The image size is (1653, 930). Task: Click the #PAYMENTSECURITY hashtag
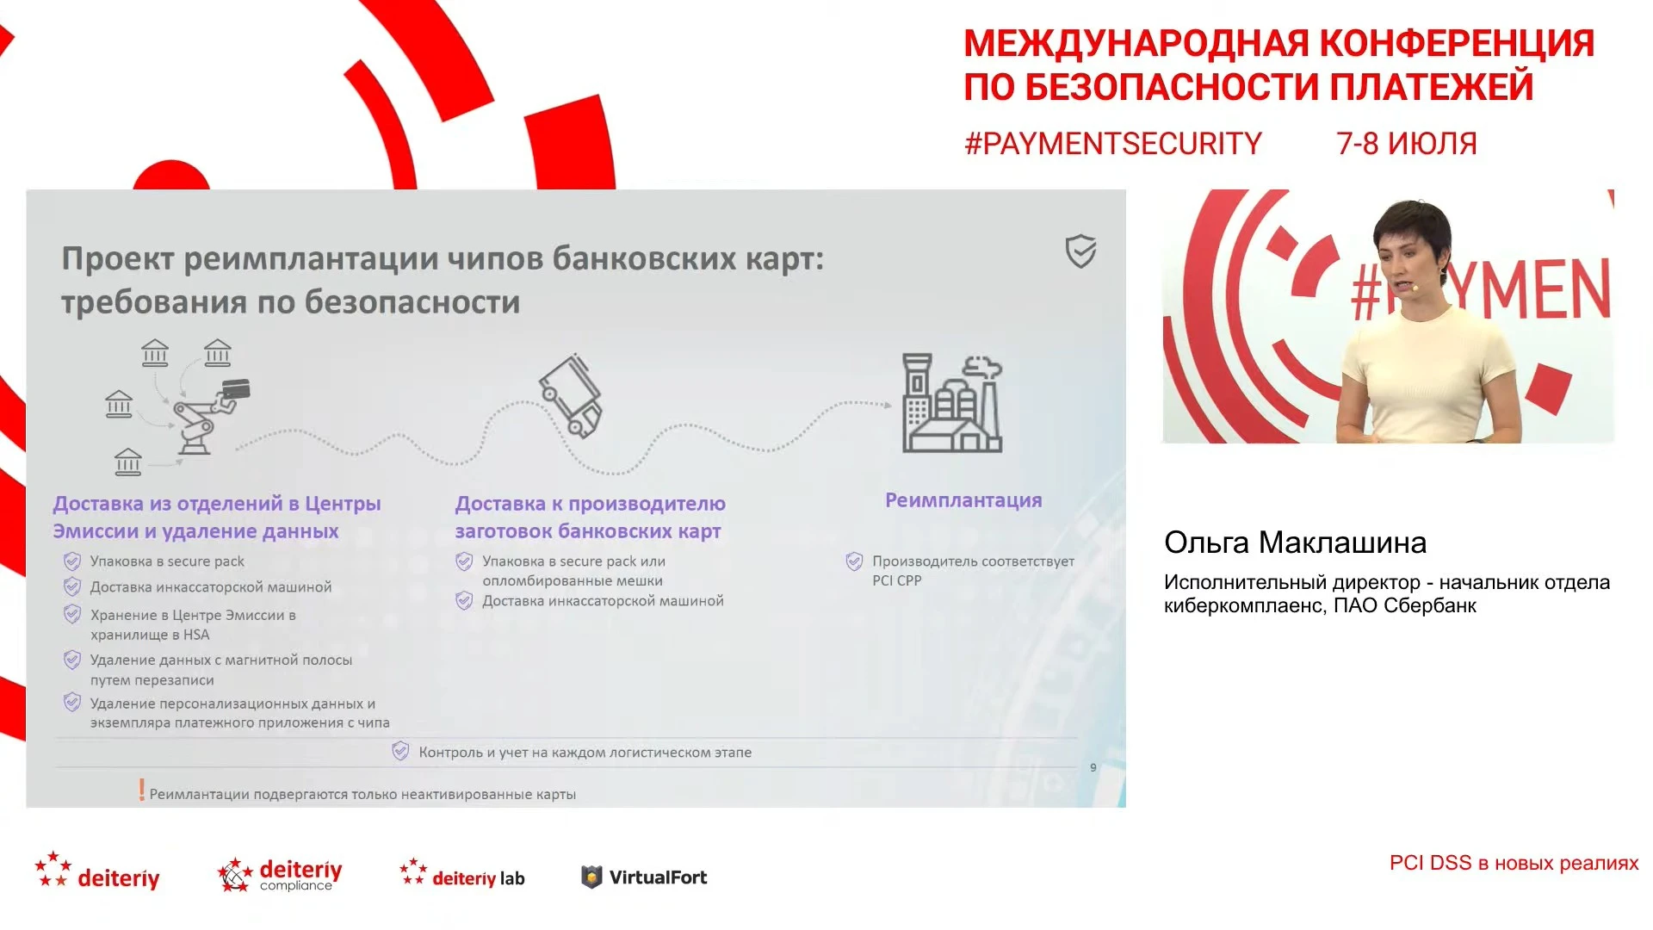pos(1112,143)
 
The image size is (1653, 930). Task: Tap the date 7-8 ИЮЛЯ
pos(1406,143)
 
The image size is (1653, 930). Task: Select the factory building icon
pos(952,403)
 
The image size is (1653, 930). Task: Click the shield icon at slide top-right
pos(1080,251)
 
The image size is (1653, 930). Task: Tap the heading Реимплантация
pos(963,500)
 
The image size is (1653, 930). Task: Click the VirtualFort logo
pos(644,877)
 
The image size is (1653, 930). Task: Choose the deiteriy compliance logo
pos(280,874)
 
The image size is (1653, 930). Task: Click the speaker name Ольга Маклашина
pos(1295,542)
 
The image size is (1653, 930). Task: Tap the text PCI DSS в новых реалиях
pos(1514,863)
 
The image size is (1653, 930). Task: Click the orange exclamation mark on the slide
pos(142,790)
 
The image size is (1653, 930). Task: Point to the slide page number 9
pos(1093,767)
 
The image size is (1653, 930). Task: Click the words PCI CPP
pos(897,580)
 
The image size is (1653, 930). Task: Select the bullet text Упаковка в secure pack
pos(167,561)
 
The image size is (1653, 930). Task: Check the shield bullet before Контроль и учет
pos(400,751)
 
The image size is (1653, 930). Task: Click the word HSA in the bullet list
pos(196,635)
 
